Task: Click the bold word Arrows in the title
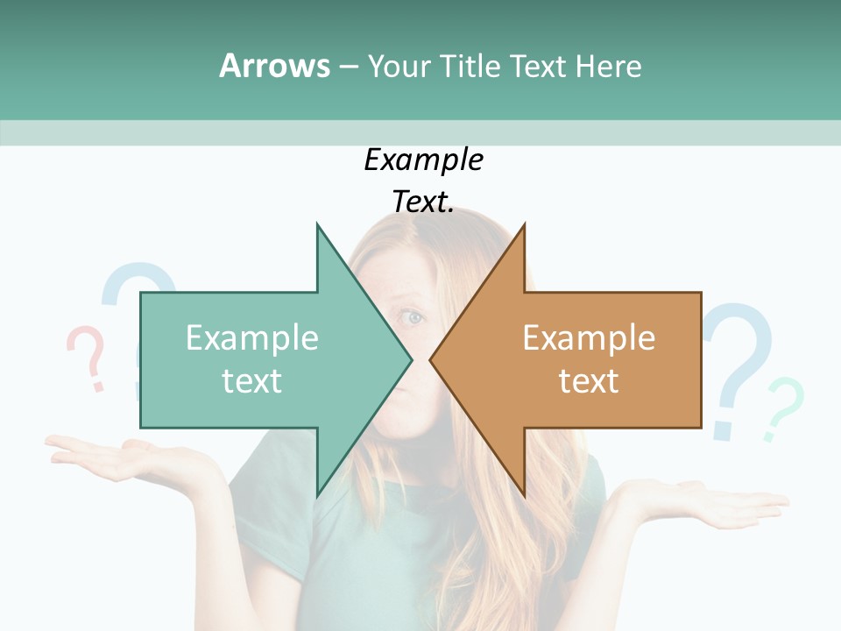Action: point(274,66)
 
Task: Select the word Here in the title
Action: point(608,66)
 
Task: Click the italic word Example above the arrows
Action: point(424,160)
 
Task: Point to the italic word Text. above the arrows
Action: point(424,202)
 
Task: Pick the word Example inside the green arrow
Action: point(252,338)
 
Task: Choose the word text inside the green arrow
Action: point(252,381)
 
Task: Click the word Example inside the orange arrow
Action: point(589,338)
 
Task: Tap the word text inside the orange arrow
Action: point(589,381)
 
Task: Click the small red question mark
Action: point(87,355)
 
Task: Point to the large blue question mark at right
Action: point(740,364)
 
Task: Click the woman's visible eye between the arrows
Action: point(412,317)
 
